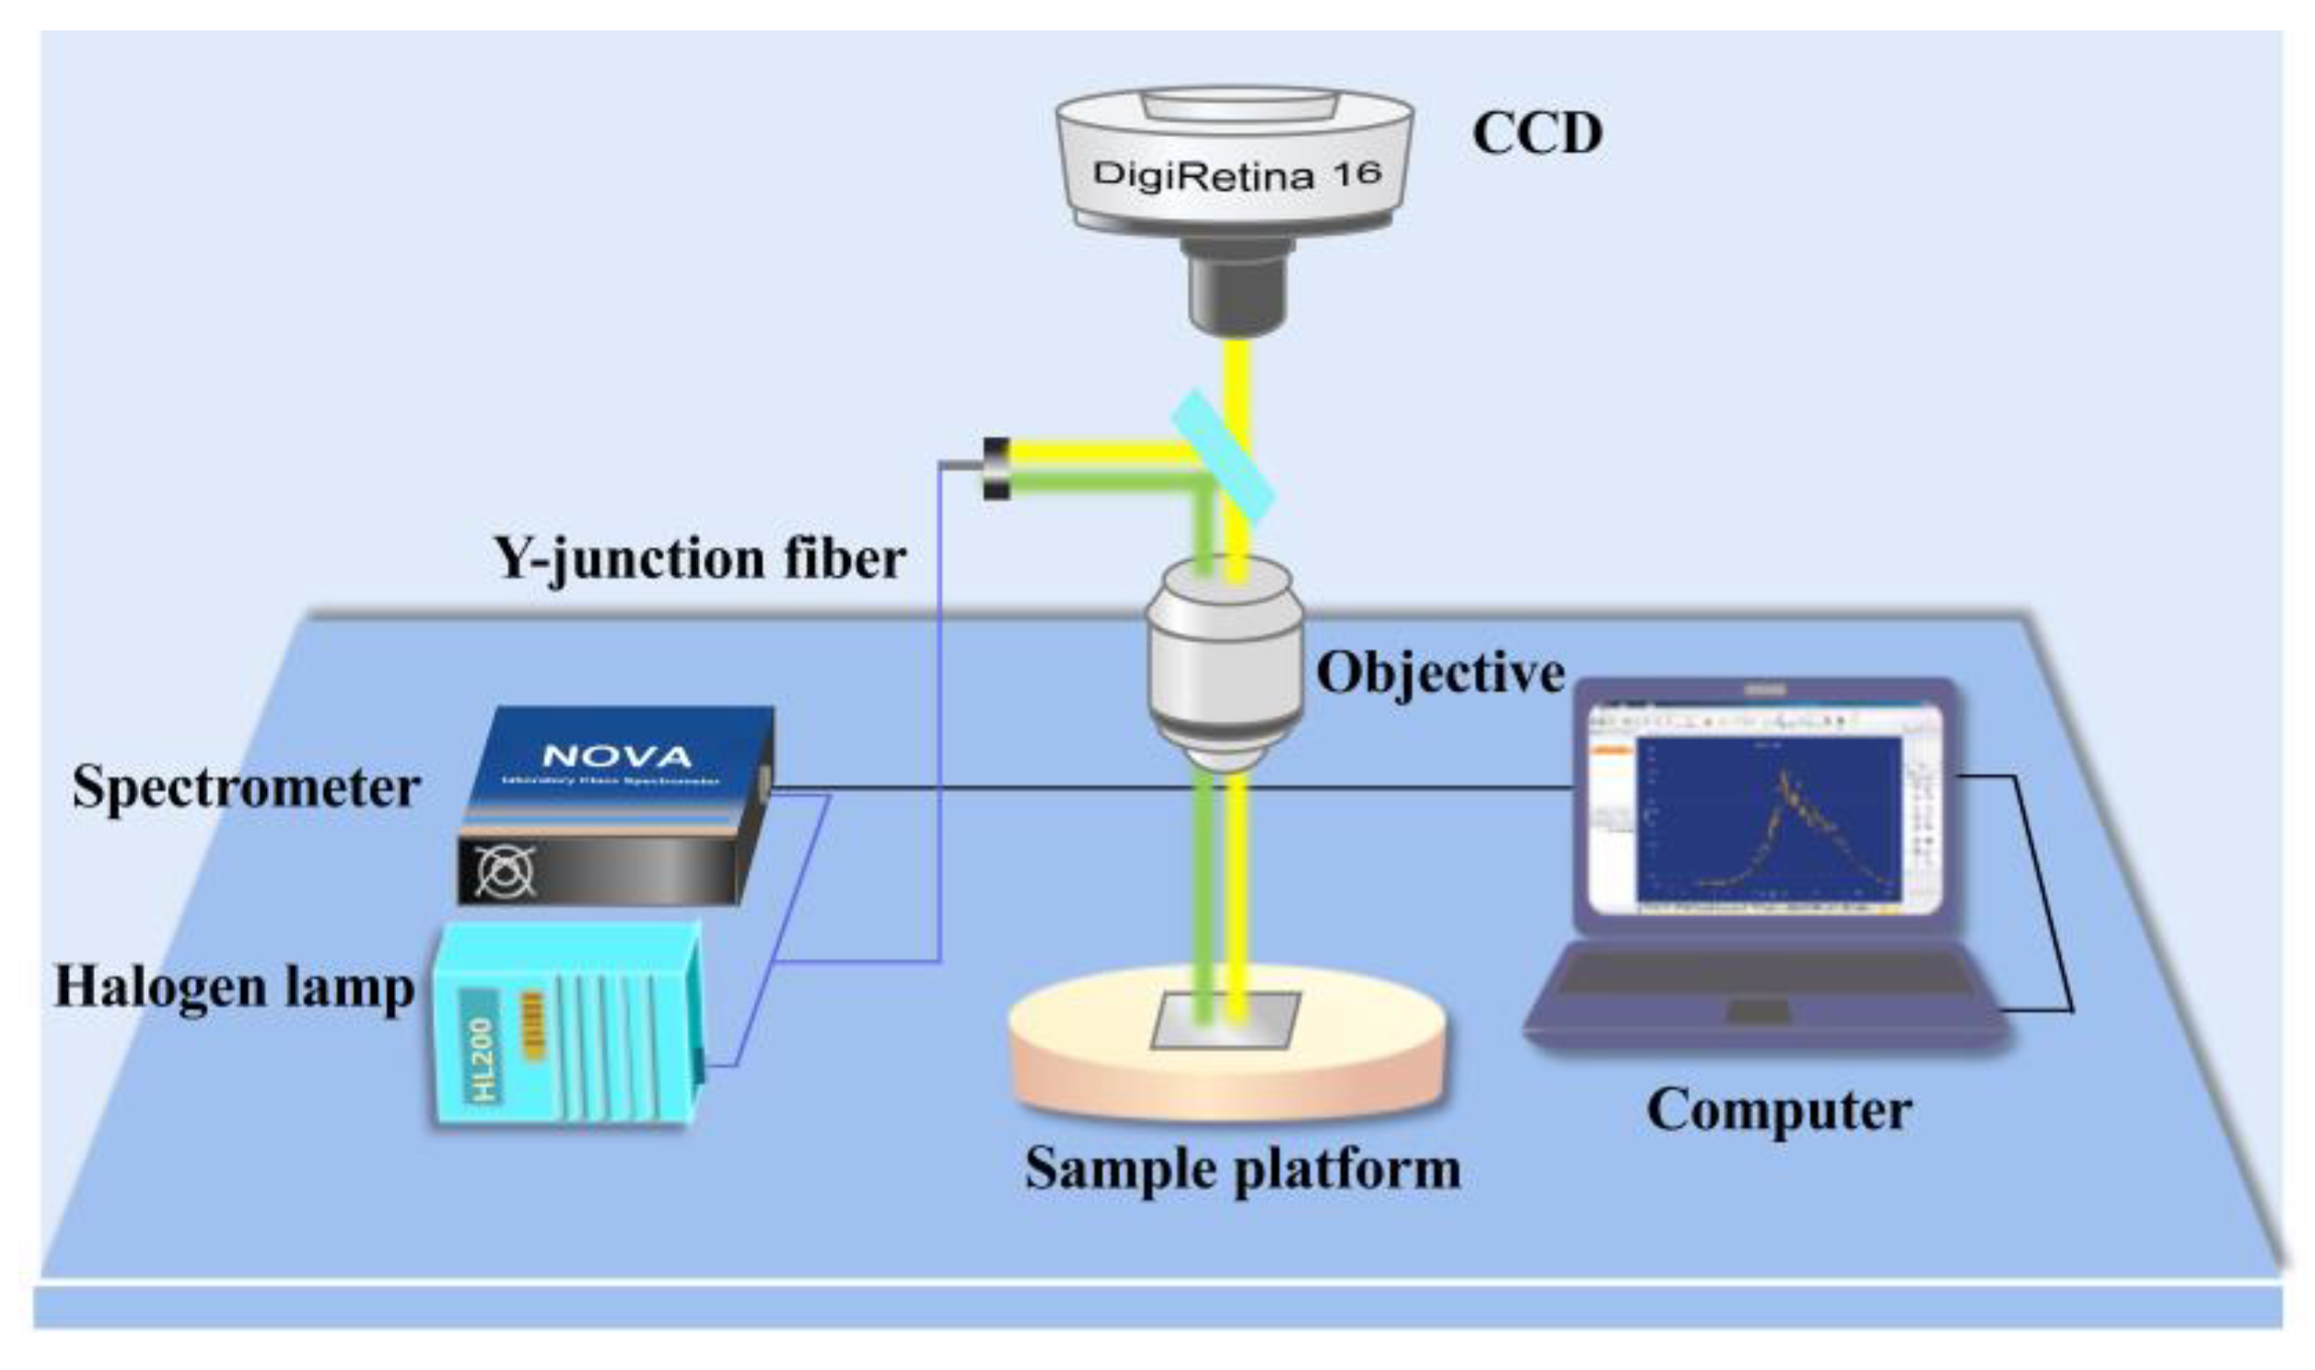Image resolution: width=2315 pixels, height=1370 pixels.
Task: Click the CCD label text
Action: pyautogui.click(x=1537, y=134)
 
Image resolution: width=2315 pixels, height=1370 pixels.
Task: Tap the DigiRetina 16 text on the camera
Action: pyautogui.click(x=1236, y=174)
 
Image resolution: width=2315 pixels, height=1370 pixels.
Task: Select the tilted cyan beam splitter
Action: pyautogui.click(x=1223, y=456)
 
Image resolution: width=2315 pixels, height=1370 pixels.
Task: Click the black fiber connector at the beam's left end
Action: pyautogui.click(x=996, y=468)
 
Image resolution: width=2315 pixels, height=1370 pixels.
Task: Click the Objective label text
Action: pyautogui.click(x=1440, y=673)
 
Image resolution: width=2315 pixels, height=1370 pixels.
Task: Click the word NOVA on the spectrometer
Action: pyautogui.click(x=617, y=757)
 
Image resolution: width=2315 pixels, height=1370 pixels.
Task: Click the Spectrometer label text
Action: pyautogui.click(x=247, y=788)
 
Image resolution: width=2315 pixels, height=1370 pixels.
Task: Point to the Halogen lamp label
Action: pyautogui.click(x=235, y=987)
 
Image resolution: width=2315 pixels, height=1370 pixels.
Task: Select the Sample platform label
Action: pyautogui.click(x=1242, y=1168)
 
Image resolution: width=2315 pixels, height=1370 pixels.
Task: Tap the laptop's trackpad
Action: pyautogui.click(x=1759, y=1012)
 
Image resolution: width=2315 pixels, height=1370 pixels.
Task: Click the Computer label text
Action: pyautogui.click(x=1779, y=1109)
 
